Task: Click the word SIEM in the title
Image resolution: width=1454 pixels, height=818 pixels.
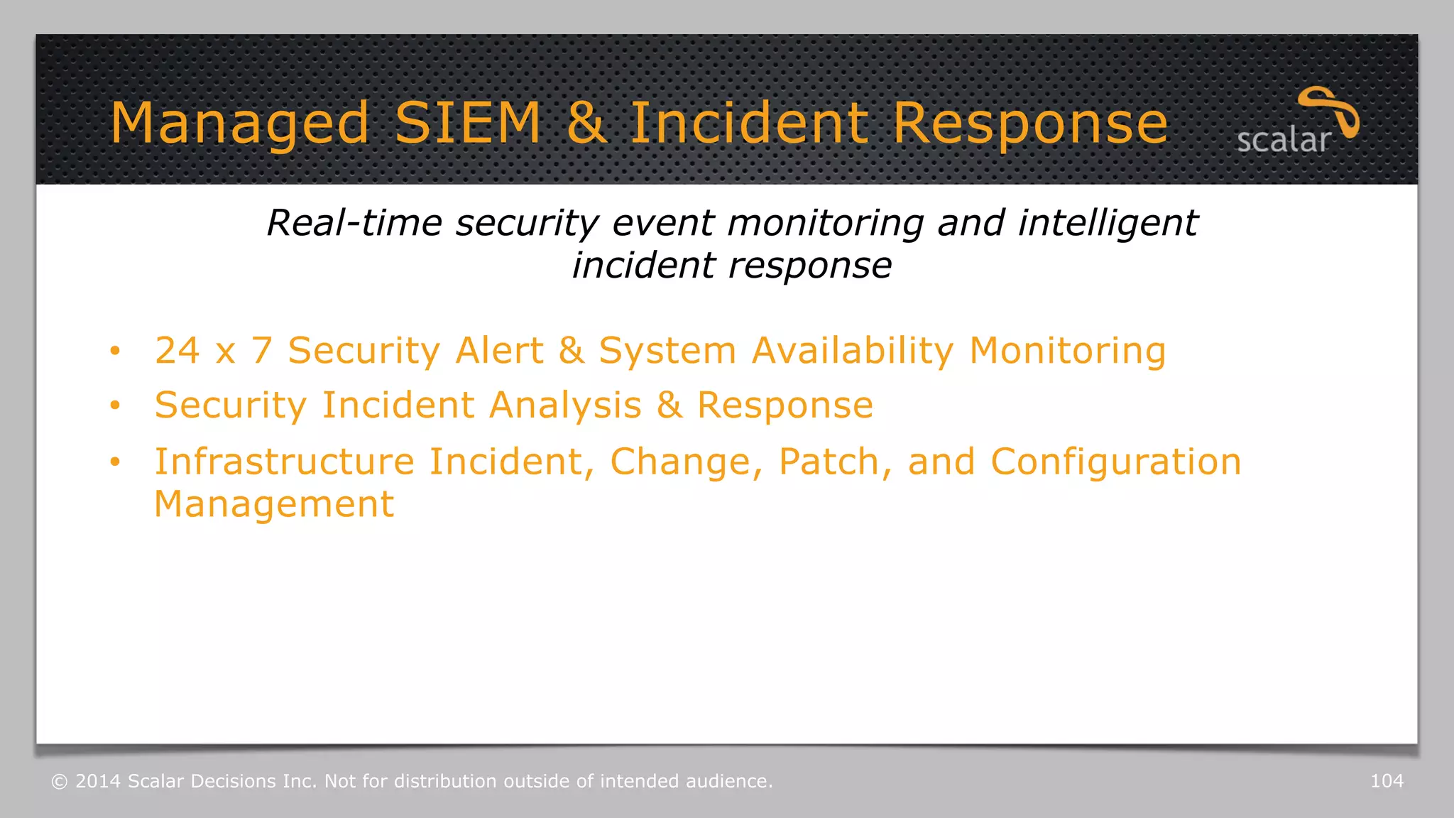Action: coord(468,123)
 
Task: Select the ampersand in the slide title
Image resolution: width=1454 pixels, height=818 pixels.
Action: coord(586,123)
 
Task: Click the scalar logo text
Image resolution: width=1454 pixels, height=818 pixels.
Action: coord(1283,141)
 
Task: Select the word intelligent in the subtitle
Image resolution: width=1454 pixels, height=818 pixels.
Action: coord(1108,223)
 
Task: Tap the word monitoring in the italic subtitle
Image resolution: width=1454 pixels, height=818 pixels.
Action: coord(826,223)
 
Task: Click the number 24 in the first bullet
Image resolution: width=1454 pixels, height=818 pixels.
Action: coord(177,351)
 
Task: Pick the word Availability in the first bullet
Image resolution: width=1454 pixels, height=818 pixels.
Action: coord(852,351)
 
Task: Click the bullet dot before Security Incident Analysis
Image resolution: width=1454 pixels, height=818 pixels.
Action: coord(115,405)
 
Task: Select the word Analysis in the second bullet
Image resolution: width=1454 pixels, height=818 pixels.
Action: coord(565,405)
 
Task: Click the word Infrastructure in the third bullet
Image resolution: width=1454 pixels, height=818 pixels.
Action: coord(284,462)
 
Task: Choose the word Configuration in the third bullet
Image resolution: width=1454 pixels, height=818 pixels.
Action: coord(1115,462)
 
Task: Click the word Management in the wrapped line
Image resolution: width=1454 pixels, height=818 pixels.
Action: coord(274,504)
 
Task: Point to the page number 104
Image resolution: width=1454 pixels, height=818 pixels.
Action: coord(1387,781)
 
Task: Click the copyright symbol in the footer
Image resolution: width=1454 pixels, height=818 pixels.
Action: coord(60,782)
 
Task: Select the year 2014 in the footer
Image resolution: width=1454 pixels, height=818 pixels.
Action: coord(98,781)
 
